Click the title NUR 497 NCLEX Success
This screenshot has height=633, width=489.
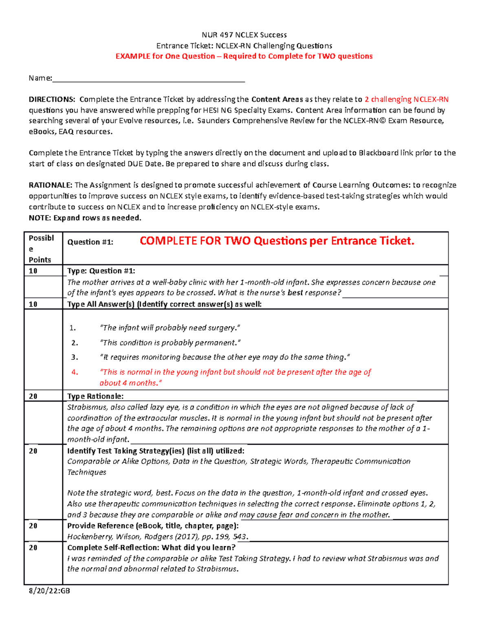[244, 35]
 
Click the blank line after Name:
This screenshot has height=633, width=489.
[148, 78]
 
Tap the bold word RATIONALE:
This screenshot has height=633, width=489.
[51, 185]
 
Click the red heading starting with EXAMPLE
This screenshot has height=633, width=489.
[244, 56]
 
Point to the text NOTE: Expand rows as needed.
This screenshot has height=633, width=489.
[85, 218]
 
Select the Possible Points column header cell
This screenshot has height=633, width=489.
[41, 249]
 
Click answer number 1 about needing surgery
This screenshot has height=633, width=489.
[170, 328]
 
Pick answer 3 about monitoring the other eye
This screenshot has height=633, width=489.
[225, 357]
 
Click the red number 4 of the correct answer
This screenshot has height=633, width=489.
[75, 372]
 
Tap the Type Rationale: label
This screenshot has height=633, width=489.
[95, 396]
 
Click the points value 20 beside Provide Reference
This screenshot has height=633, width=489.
[33, 526]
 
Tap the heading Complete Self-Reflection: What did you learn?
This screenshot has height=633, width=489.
[151, 548]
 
